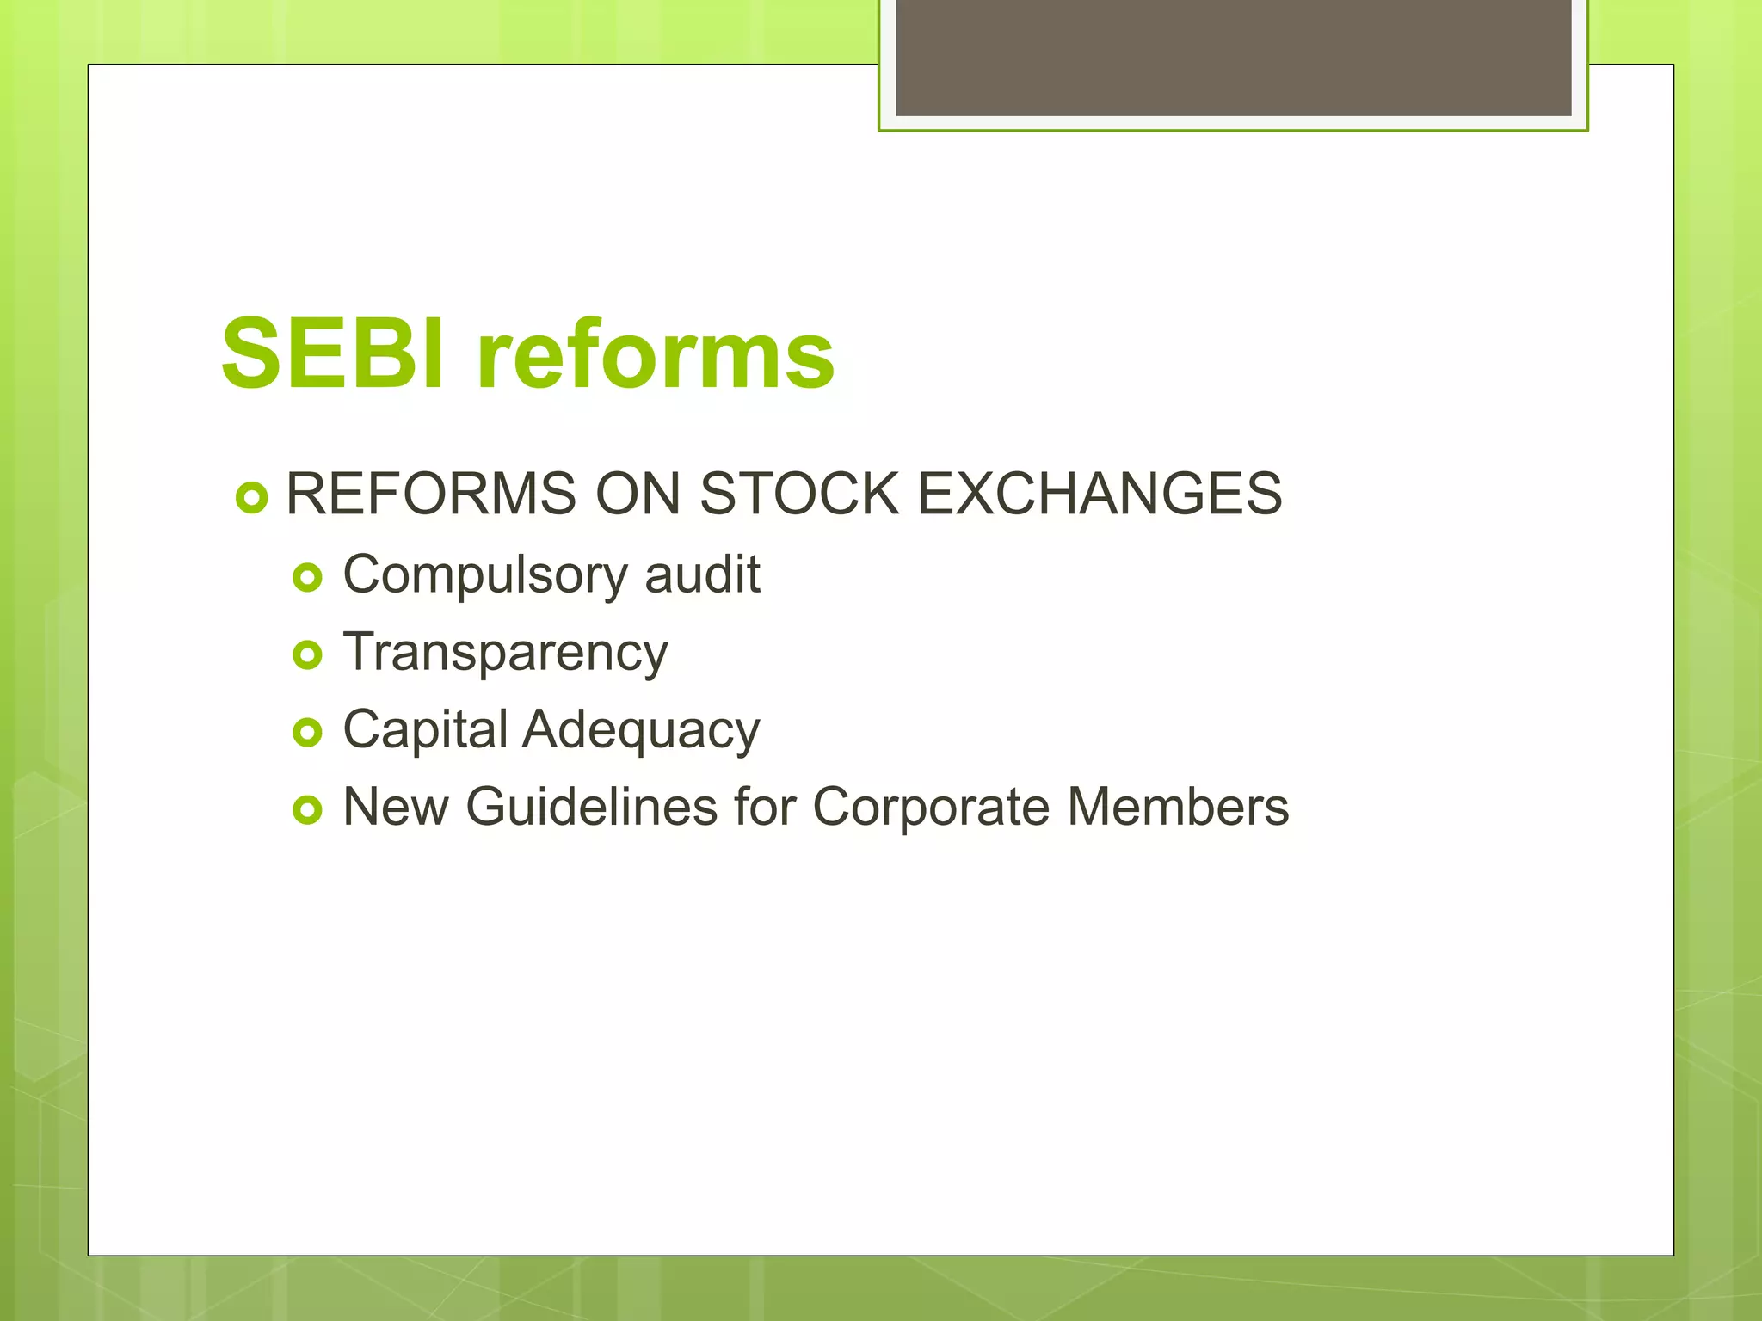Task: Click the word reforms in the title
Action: point(655,353)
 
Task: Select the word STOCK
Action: point(798,495)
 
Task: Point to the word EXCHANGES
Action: point(1100,495)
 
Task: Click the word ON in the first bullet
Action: point(638,495)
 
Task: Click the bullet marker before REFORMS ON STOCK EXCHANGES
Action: point(251,497)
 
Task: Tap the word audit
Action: point(702,574)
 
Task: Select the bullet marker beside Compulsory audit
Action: point(307,578)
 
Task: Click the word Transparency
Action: point(505,653)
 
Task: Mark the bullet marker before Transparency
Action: point(307,655)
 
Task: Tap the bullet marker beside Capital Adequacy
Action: point(307,733)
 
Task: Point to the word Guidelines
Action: point(591,807)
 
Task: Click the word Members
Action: point(1178,807)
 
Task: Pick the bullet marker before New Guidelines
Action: point(307,810)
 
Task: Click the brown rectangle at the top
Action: point(1233,57)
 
